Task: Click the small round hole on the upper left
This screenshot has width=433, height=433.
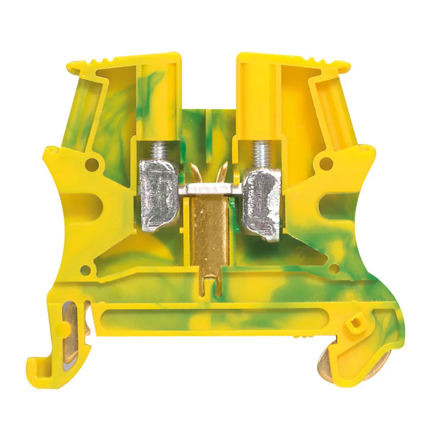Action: tap(91, 163)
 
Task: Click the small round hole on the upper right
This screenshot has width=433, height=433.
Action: tap(326, 164)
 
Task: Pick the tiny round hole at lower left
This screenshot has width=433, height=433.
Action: tap(85, 271)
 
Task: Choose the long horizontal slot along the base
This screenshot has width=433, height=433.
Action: tap(208, 320)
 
